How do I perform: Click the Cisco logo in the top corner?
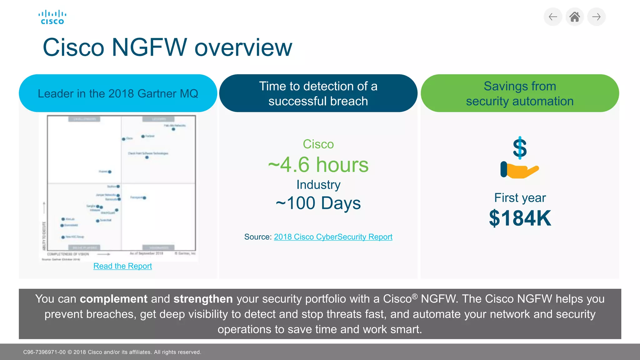[x=52, y=17]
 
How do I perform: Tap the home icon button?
[x=574, y=17]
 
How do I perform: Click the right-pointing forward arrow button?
[x=596, y=17]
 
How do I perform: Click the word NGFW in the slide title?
[x=149, y=47]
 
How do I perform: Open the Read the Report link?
[x=122, y=266]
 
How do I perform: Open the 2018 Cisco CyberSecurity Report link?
[x=333, y=237]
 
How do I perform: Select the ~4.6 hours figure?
[x=318, y=165]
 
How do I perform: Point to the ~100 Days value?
[x=318, y=203]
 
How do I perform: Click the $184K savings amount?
[x=520, y=218]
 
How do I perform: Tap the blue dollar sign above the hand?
[x=520, y=148]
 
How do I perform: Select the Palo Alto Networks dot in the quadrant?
[x=173, y=129]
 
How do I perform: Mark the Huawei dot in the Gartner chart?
[x=110, y=172]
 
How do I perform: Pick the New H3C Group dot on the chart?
[x=63, y=237]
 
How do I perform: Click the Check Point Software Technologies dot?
[x=147, y=157]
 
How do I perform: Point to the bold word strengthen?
[x=203, y=299]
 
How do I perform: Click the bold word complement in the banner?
[x=113, y=299]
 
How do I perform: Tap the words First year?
[x=520, y=198]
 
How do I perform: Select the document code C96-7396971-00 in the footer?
[x=44, y=352]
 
